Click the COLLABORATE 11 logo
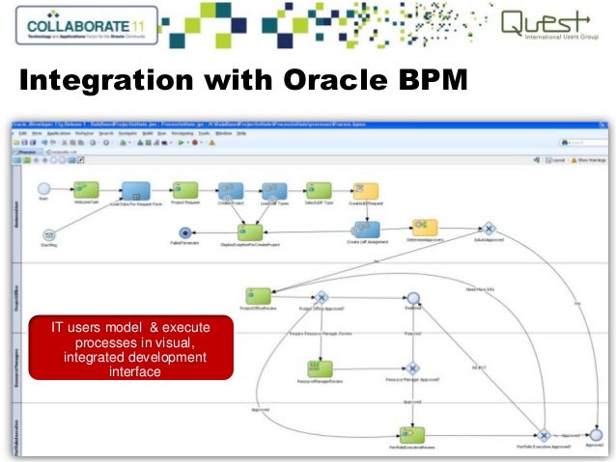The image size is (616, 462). click(x=82, y=25)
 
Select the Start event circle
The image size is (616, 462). click(x=43, y=188)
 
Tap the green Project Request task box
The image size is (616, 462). click(x=184, y=190)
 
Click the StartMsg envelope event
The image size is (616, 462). click(x=48, y=233)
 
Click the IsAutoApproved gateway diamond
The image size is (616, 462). click(x=490, y=229)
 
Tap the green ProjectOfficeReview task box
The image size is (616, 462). click(x=257, y=297)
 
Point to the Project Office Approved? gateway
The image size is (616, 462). click(x=322, y=298)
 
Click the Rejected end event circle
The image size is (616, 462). click(x=413, y=299)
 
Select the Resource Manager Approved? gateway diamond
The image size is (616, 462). click(x=413, y=367)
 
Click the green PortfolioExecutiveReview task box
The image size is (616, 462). click(x=413, y=434)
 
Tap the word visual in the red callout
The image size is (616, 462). click(x=191, y=344)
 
